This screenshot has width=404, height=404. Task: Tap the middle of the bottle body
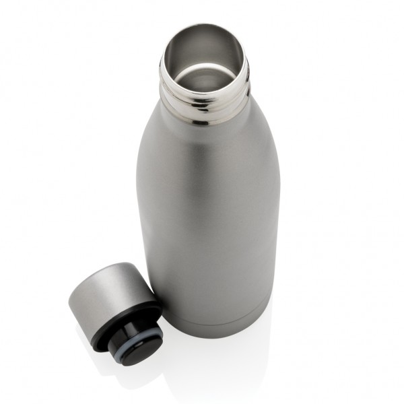[209, 215]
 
